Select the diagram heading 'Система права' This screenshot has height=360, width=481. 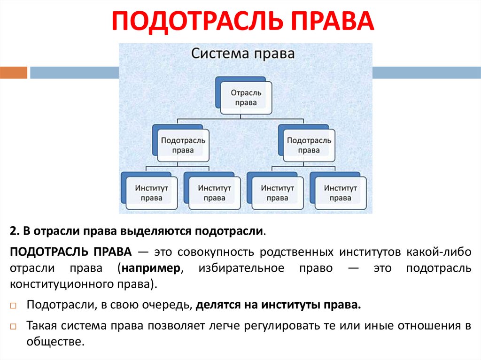click(243, 54)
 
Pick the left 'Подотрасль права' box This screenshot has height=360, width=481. click(183, 145)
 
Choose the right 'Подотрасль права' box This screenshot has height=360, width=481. click(309, 145)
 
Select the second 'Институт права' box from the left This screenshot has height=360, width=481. click(214, 192)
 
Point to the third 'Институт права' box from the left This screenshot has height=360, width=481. click(277, 192)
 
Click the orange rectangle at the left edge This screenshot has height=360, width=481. click(14, 73)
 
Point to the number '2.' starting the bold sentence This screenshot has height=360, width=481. click(14, 231)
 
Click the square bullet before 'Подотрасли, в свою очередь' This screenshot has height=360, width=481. click(13, 306)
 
